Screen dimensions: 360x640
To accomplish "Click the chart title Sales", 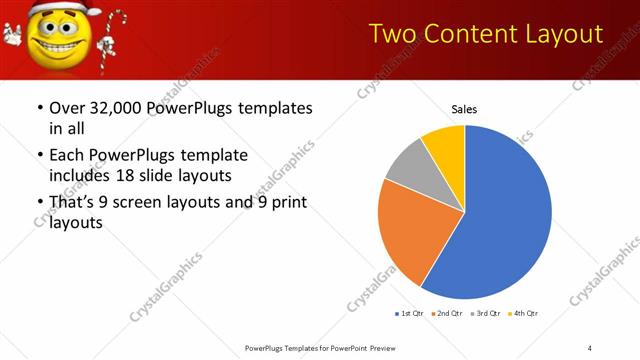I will pos(464,108).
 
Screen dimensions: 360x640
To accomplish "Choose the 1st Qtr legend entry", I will pos(408,314).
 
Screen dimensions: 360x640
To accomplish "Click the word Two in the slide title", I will pos(392,35).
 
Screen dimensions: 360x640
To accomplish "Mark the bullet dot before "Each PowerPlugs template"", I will pos(39,155).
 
